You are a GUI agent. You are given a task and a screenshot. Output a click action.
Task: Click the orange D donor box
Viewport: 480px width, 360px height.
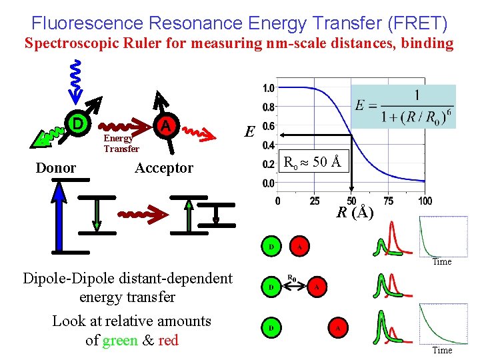click(78, 124)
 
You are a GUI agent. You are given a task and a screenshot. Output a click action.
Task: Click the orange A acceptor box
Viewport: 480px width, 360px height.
click(165, 125)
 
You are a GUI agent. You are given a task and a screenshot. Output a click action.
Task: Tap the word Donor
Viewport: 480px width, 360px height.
click(56, 168)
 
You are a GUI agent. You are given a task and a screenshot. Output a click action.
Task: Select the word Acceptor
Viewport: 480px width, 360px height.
click(163, 168)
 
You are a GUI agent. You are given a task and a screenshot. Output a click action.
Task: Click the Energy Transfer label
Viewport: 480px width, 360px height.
click(121, 144)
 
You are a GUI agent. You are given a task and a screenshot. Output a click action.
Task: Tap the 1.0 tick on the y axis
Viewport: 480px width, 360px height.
click(269, 88)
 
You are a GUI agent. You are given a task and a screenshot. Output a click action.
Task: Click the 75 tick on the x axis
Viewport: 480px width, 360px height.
click(389, 201)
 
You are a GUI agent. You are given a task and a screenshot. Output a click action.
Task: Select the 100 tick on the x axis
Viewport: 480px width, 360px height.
click(425, 201)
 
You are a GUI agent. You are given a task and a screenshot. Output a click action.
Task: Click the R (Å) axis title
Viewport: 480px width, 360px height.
click(355, 213)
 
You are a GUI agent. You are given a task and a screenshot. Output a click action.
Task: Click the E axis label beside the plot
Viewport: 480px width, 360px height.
click(249, 132)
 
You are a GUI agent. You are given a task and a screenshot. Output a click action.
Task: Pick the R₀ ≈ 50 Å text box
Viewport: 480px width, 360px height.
click(313, 161)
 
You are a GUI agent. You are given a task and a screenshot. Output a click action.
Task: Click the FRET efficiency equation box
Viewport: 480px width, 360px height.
click(405, 107)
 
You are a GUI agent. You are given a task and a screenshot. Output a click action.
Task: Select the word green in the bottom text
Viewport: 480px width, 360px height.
click(119, 340)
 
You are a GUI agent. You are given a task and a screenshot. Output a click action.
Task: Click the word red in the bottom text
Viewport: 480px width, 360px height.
click(168, 340)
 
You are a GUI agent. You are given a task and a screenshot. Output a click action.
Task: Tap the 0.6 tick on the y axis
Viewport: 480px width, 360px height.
click(269, 125)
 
